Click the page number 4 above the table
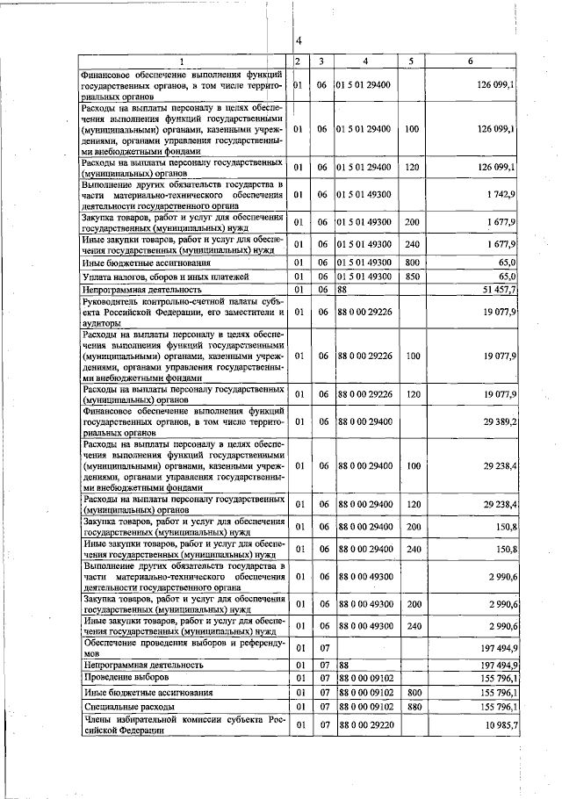point(299,41)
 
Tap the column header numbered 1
point(182,61)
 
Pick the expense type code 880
point(409,705)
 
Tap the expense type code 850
point(409,276)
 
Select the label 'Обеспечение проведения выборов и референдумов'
point(182,648)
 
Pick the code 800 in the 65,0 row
point(409,262)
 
